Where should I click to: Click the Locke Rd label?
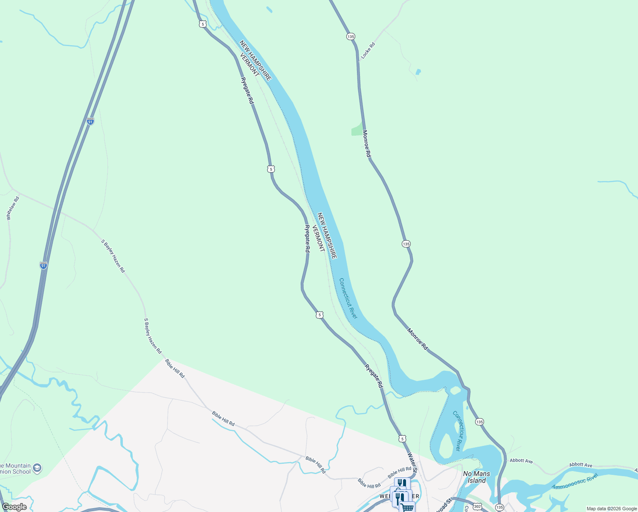(x=368, y=50)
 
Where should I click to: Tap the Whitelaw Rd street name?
(x=13, y=208)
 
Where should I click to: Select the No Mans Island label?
(x=476, y=477)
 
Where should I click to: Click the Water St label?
(x=412, y=462)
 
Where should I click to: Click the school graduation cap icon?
(x=37, y=468)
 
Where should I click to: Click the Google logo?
(x=14, y=507)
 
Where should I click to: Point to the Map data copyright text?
(x=612, y=509)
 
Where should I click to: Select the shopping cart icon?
(x=407, y=507)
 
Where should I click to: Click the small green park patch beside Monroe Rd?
(x=357, y=130)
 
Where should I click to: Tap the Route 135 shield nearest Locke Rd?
(x=351, y=37)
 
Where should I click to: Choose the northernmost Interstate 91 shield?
(x=90, y=121)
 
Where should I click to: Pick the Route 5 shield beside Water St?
(x=403, y=439)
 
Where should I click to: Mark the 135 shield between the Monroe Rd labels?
(x=406, y=244)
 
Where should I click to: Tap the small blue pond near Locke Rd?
(x=418, y=72)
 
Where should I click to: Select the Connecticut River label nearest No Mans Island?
(x=457, y=431)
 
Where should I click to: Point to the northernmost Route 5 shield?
(x=203, y=24)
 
